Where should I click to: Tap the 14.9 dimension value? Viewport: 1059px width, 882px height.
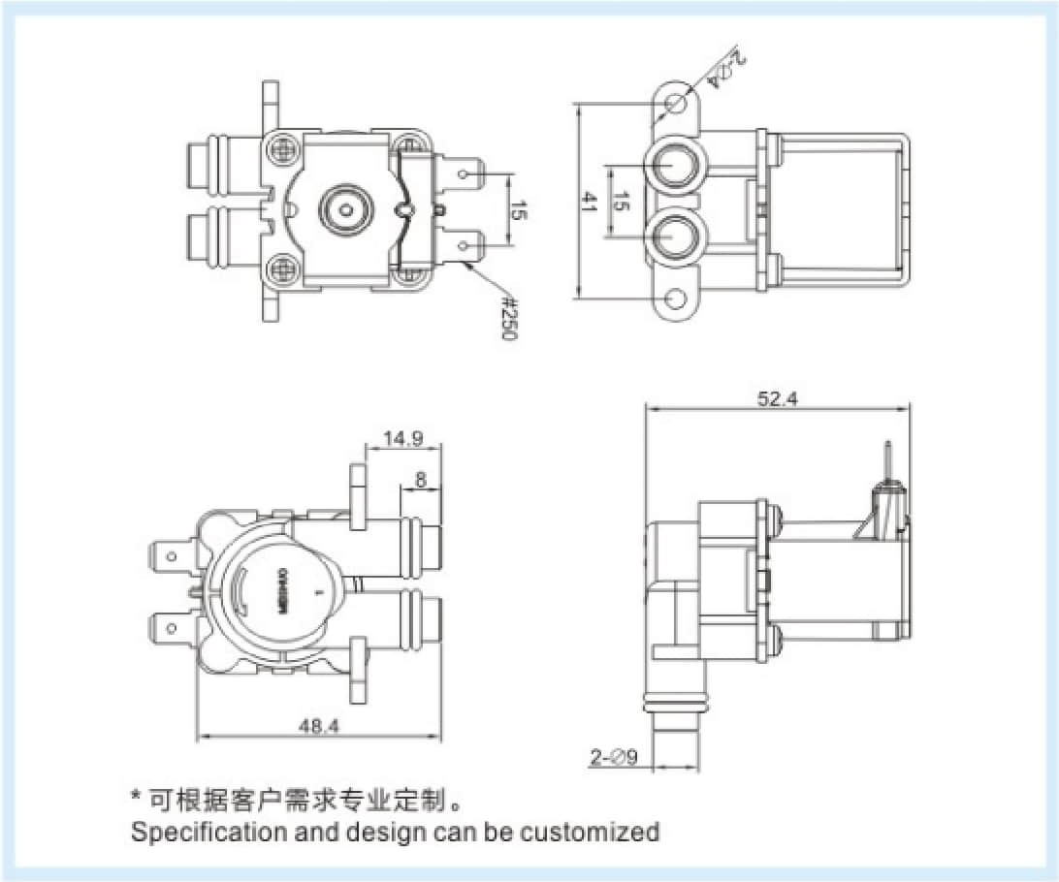coord(402,438)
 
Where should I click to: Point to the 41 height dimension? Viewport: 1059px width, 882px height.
coord(589,202)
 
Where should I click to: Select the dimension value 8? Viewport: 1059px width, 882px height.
coord(420,479)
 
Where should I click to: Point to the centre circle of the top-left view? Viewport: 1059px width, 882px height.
coord(343,207)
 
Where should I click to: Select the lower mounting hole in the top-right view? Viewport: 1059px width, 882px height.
coord(677,299)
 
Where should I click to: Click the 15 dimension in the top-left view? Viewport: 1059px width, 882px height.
coord(519,208)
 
